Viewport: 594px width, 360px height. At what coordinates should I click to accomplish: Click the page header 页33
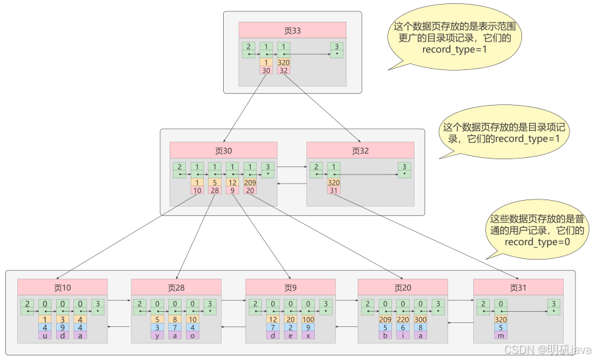pyautogui.click(x=292, y=30)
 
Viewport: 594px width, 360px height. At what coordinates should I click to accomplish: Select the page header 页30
pyautogui.click(x=223, y=150)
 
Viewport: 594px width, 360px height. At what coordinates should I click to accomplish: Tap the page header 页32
pyautogui.click(x=360, y=150)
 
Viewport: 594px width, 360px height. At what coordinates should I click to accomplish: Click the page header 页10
pyautogui.click(x=63, y=287)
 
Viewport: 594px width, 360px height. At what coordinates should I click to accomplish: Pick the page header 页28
pyautogui.click(x=176, y=287)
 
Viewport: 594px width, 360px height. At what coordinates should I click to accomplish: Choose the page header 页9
pyautogui.click(x=290, y=287)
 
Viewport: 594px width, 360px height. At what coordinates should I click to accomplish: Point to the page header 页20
pyautogui.click(x=403, y=287)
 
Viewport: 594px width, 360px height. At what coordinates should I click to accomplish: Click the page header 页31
pyautogui.click(x=518, y=287)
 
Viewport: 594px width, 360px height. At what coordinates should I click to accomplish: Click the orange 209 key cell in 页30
pyautogui.click(x=250, y=182)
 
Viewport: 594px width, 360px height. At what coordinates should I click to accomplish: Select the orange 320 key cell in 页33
pyautogui.click(x=284, y=63)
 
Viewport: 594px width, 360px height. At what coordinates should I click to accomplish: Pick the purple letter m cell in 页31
pyautogui.click(x=501, y=335)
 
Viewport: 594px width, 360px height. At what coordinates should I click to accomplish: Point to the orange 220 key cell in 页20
pyautogui.click(x=403, y=319)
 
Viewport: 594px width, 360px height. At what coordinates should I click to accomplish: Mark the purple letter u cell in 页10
pyautogui.click(x=45, y=335)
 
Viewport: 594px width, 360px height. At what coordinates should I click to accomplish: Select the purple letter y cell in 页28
pyautogui.click(x=158, y=335)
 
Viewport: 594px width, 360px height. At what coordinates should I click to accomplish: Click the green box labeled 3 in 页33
pyautogui.click(x=337, y=49)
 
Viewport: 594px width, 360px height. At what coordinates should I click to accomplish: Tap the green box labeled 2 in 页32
pyautogui.click(x=316, y=170)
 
